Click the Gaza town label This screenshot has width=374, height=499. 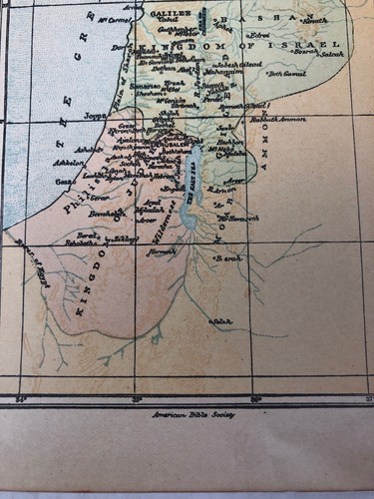[63, 182]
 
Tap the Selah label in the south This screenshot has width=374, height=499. [221, 321]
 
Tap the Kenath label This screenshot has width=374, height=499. [317, 19]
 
